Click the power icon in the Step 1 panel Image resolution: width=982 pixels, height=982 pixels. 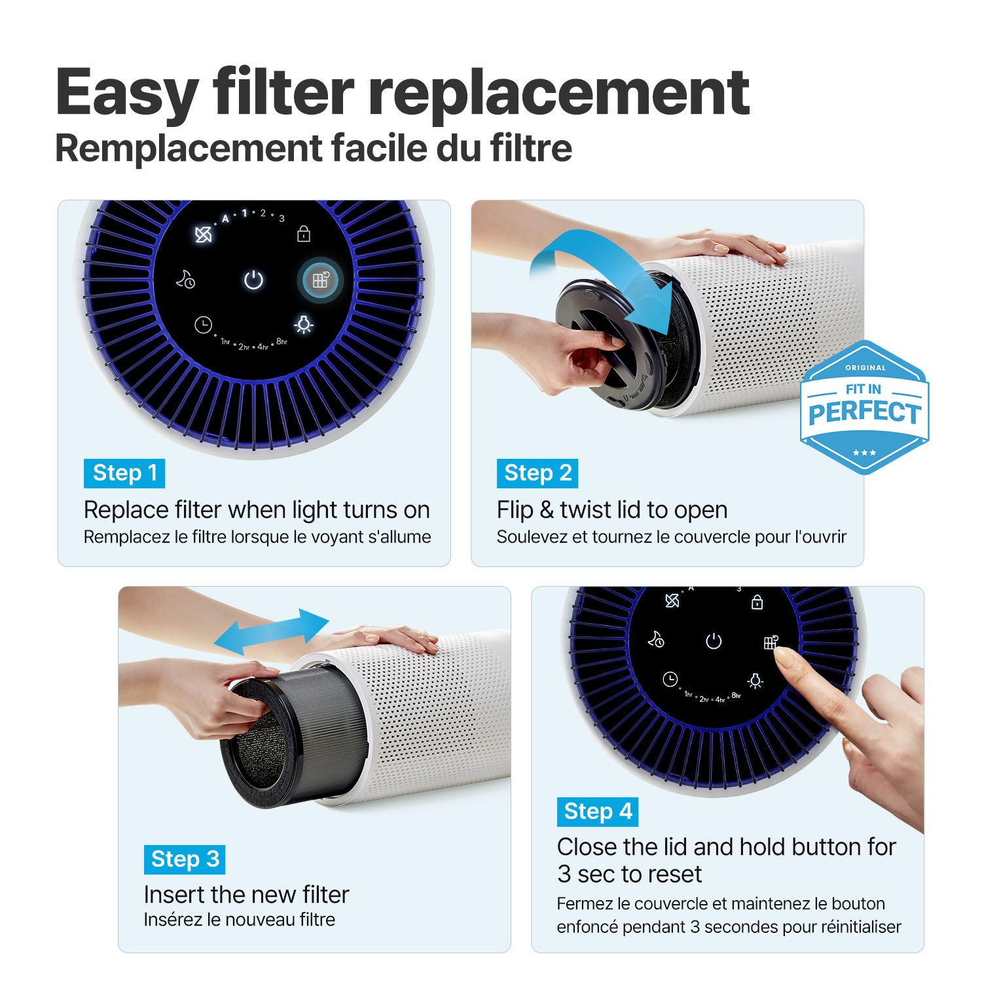253,280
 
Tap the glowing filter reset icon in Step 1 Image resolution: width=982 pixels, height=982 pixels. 320,280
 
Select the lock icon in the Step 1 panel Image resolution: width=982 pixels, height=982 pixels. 304,234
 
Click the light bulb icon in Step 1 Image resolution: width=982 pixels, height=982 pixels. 304,324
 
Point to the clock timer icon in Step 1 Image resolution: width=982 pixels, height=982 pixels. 204,325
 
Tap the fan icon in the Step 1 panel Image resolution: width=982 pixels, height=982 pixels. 204,234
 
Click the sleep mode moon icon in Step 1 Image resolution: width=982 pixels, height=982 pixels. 185,280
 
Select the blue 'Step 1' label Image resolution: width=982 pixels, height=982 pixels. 124,473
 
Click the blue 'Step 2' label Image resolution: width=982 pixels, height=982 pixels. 537,473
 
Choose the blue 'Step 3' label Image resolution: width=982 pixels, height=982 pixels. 185,859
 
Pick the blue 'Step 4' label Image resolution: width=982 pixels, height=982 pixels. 598,812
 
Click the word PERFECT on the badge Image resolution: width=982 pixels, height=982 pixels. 864,413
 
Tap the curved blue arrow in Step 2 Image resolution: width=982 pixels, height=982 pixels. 609,275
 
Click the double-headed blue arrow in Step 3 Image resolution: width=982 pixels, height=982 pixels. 272,631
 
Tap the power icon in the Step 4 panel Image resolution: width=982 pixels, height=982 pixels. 714,641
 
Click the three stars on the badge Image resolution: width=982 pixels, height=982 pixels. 864,452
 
